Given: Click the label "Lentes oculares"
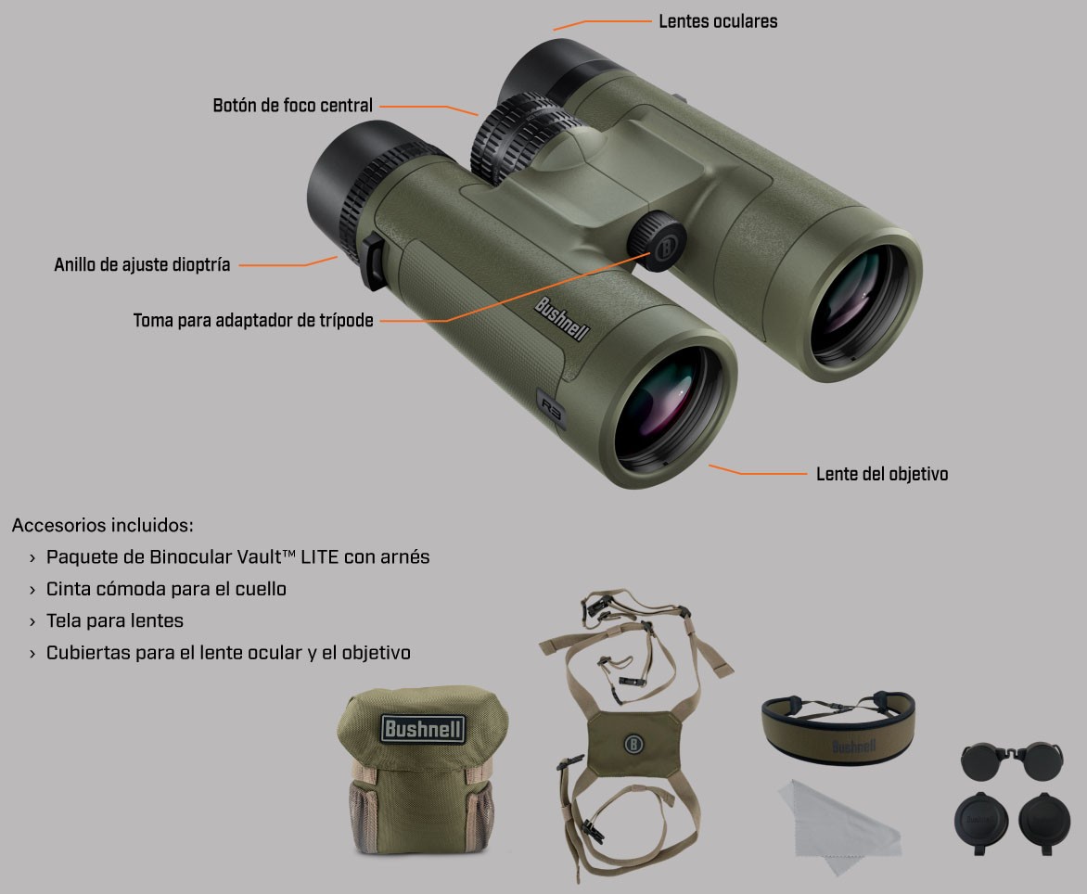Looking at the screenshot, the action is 718,21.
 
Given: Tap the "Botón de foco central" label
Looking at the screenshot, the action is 292,106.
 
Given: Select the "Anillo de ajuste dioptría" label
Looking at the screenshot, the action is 142,264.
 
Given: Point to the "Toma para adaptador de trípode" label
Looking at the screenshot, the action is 253,320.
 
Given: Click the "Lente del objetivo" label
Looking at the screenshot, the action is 882,474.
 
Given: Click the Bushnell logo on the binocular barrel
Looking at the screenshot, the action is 562,319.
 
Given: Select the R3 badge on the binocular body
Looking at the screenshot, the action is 552,409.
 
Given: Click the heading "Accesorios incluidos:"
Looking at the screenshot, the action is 103,525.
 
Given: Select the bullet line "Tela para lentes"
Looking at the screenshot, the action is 115,621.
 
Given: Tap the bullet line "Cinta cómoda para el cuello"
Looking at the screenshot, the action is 166,589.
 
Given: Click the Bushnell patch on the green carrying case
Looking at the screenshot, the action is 423,729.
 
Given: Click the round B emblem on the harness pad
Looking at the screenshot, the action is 633,745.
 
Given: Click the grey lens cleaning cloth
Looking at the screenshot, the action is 839,824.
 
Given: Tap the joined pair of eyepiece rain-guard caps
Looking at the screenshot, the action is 1012,760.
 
